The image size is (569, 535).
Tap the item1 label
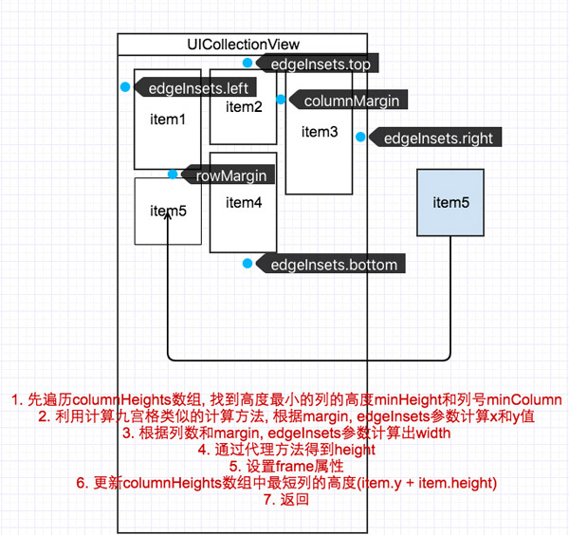point(168,120)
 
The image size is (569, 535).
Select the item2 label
point(244,106)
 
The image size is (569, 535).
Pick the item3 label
point(320,132)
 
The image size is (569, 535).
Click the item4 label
point(244,202)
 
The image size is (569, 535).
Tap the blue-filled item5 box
point(450,202)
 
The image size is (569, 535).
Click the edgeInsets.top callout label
point(320,64)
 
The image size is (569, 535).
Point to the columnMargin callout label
point(350,100)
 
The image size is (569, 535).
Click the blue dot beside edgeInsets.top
point(248,64)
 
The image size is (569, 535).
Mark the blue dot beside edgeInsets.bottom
point(248,263)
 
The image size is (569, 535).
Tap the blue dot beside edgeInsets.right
point(360,138)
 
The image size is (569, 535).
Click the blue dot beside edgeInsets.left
point(125,87)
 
